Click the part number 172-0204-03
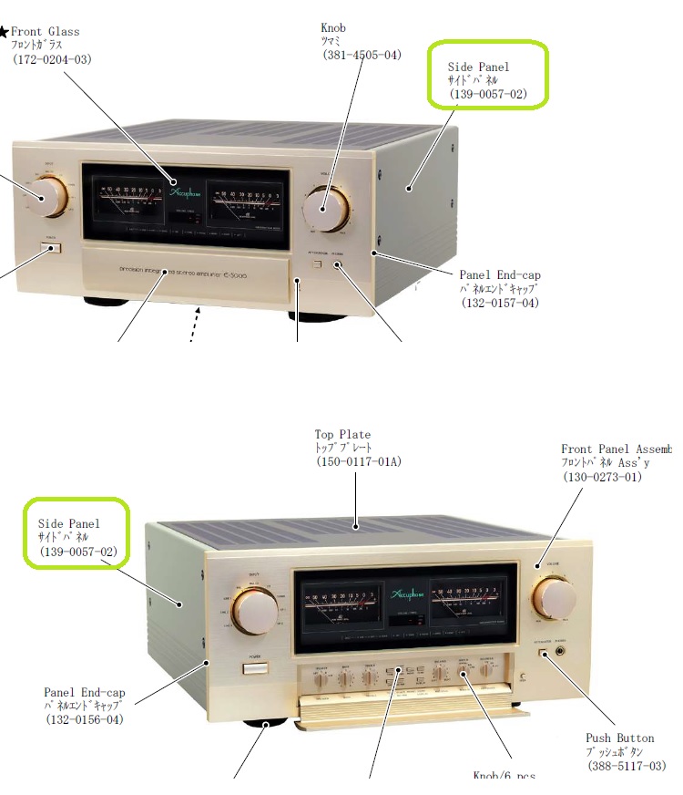52,59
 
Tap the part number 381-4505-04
362,56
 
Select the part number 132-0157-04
500,303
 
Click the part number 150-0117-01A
358,462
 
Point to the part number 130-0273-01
602,477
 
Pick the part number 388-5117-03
627,767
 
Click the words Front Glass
45,31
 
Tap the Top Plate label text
342,435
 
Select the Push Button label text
619,738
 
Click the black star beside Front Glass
4,32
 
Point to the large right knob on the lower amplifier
555,597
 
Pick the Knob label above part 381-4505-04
333,27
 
